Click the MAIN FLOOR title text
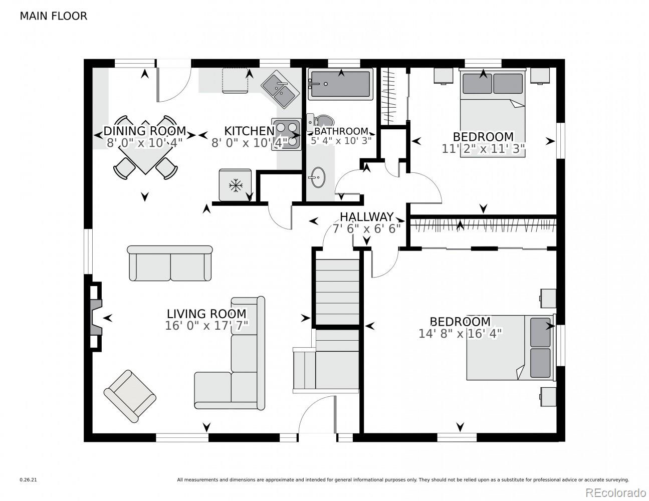tap(53, 16)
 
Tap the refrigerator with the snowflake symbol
tap(235, 185)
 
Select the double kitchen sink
tap(281, 89)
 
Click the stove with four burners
tap(286, 134)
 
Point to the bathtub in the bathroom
tap(340, 84)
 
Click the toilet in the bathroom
tap(320, 122)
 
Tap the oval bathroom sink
tap(318, 177)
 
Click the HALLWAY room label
tap(366, 217)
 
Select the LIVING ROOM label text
tap(206, 314)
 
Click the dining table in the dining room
tap(145, 148)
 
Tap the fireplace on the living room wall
tap(95, 317)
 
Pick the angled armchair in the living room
tap(130, 396)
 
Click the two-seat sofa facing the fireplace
tap(170, 263)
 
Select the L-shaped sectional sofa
tap(230, 353)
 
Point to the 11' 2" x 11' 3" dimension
tap(483, 149)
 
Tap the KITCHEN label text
tap(250, 131)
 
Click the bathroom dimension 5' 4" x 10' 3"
tap(341, 141)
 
